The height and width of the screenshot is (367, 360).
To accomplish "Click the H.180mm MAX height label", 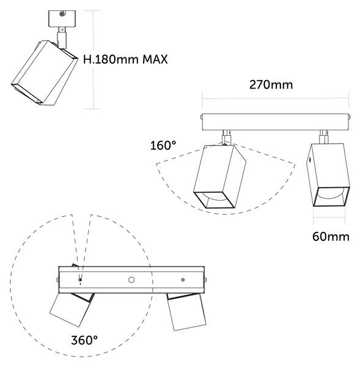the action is click(125, 59).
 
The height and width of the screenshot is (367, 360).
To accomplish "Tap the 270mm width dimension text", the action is click(271, 85).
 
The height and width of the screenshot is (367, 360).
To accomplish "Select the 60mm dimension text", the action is click(331, 237).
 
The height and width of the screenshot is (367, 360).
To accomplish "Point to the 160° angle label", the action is click(163, 146).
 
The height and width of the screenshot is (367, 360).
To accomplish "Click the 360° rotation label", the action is click(84, 340).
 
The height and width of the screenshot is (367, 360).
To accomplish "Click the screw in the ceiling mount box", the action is click(62, 14).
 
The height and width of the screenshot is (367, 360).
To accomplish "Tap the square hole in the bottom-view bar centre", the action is click(131, 280).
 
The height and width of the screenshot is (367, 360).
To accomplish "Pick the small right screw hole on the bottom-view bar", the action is click(183, 280).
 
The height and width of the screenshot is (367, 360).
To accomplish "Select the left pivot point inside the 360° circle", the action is click(80, 280).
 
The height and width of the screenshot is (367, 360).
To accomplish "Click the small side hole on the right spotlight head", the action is click(310, 160).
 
